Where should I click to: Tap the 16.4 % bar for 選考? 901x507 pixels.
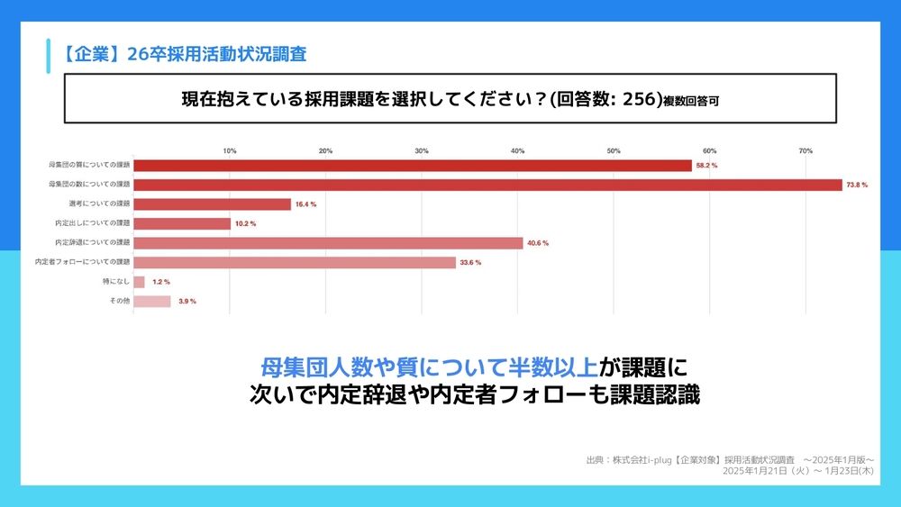(213, 204)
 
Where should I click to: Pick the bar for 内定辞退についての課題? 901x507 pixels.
(328, 243)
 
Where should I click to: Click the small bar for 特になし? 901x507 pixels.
(139, 282)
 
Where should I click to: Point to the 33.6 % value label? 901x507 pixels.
(470, 263)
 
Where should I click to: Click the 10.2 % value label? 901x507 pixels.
(245, 224)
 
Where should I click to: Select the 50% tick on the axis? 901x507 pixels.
(614, 150)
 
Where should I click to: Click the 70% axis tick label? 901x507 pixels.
(805, 150)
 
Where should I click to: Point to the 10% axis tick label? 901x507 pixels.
(230, 150)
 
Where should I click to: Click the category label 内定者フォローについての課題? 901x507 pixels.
(83, 262)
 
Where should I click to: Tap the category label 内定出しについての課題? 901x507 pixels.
(93, 223)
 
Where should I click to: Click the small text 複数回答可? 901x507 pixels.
(691, 102)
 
